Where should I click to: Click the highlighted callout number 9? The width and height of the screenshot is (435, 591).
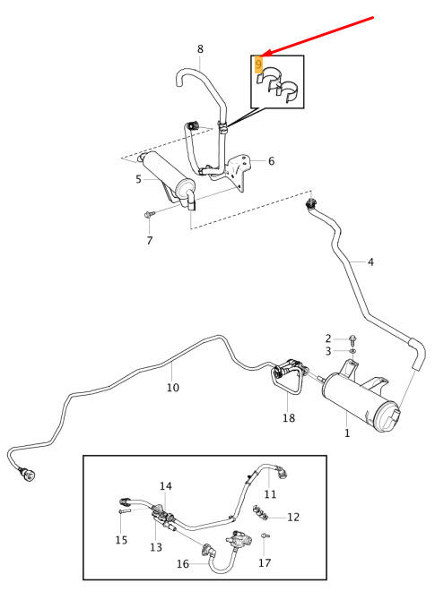coord(258,64)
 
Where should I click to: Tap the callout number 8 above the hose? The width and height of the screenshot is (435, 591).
coord(200,49)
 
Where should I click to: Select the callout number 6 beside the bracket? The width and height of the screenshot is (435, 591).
coord(271,161)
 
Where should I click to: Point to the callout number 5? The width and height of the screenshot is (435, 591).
coord(139,179)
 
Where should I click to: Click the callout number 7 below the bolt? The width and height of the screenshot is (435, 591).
coord(150,240)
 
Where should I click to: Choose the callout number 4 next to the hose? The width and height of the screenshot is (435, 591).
coord(370,261)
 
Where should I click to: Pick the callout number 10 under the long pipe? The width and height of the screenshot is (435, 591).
coord(173,387)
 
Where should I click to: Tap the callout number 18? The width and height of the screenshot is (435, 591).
coord(289,417)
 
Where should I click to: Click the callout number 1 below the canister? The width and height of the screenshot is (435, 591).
coord(347,433)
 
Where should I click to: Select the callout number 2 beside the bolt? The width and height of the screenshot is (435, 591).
coord(328,338)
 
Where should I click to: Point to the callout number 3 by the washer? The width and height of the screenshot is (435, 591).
coord(328,351)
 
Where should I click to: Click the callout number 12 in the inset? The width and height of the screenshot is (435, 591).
coord(293,517)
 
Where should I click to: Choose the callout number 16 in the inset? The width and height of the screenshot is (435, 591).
coord(183,563)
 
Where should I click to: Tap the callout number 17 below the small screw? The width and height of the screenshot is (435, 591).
coord(265,562)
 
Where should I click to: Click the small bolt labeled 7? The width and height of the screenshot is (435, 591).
coord(150,215)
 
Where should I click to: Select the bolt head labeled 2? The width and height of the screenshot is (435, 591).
coord(352,338)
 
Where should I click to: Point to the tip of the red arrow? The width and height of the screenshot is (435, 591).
coord(263,56)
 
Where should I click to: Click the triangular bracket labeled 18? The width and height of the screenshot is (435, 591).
coord(286,380)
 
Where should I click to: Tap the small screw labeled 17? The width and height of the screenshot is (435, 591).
coord(265,535)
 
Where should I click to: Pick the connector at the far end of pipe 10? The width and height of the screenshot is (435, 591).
coord(28,474)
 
